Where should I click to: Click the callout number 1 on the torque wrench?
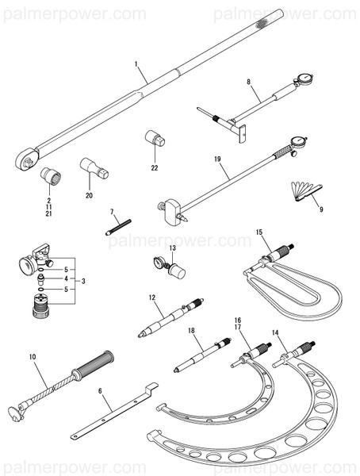click(x=136, y=63)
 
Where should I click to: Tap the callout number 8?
click(x=248, y=82)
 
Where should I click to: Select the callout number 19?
click(x=217, y=159)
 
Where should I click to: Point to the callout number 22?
click(x=155, y=167)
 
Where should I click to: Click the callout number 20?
click(x=89, y=194)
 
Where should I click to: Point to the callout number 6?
click(x=100, y=391)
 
